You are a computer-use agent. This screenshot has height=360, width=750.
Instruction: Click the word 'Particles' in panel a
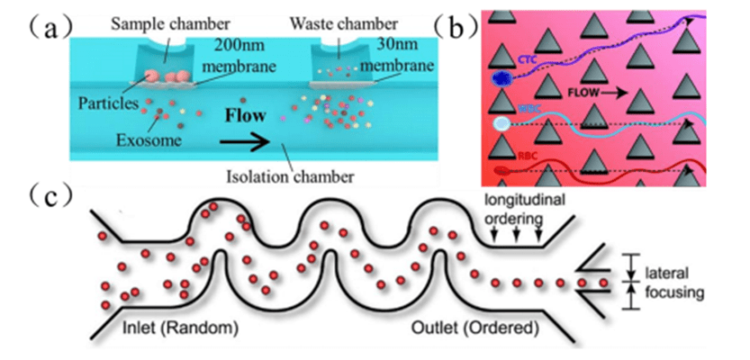115,103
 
